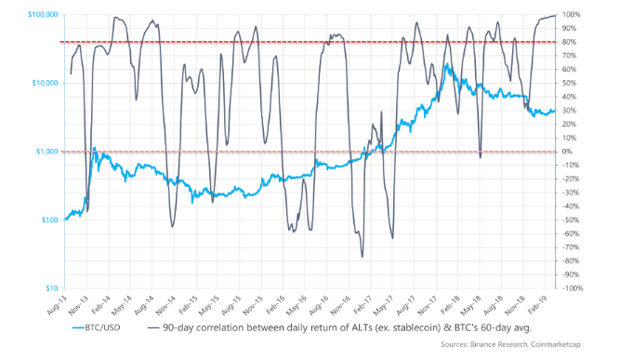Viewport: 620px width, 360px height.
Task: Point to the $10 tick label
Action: [x=52, y=287]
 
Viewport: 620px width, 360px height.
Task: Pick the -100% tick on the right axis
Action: [x=571, y=287]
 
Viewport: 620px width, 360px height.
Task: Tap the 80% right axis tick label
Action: [x=569, y=42]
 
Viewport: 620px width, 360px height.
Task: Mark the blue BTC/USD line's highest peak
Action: [x=448, y=64]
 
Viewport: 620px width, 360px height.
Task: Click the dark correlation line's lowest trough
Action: [x=363, y=257]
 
